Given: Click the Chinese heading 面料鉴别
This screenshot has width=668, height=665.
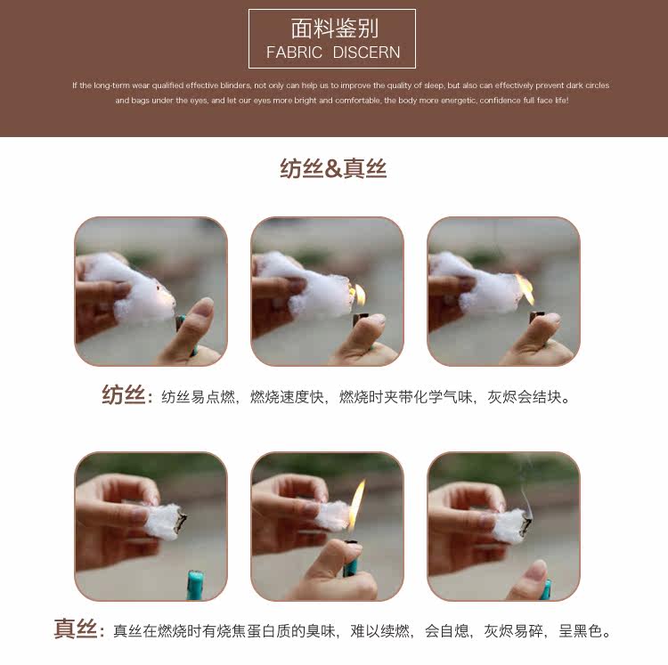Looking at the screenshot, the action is click(334, 29).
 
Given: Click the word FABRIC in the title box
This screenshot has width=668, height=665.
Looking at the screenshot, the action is click(294, 53).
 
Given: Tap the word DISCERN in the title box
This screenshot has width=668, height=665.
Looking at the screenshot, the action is click(366, 53).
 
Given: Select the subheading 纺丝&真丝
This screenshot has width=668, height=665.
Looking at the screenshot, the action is click(333, 168).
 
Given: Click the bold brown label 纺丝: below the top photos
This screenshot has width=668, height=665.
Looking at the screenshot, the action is click(127, 395).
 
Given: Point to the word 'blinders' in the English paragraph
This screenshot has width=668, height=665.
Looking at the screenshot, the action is click(236, 85).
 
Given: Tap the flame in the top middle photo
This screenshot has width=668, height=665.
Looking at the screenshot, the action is click(358, 294).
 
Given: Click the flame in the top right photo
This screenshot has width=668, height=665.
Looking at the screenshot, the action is click(525, 288).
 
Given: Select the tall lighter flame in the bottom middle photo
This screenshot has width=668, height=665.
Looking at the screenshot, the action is click(356, 505).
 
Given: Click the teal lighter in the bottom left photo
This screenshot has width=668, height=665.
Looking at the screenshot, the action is click(195, 585).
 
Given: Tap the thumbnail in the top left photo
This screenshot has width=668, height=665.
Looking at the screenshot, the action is click(203, 307).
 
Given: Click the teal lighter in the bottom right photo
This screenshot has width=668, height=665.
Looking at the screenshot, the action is click(545, 589).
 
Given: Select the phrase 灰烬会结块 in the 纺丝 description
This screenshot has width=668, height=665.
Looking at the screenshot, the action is click(524, 397).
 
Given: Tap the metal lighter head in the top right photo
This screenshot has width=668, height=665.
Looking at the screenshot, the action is click(539, 317).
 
